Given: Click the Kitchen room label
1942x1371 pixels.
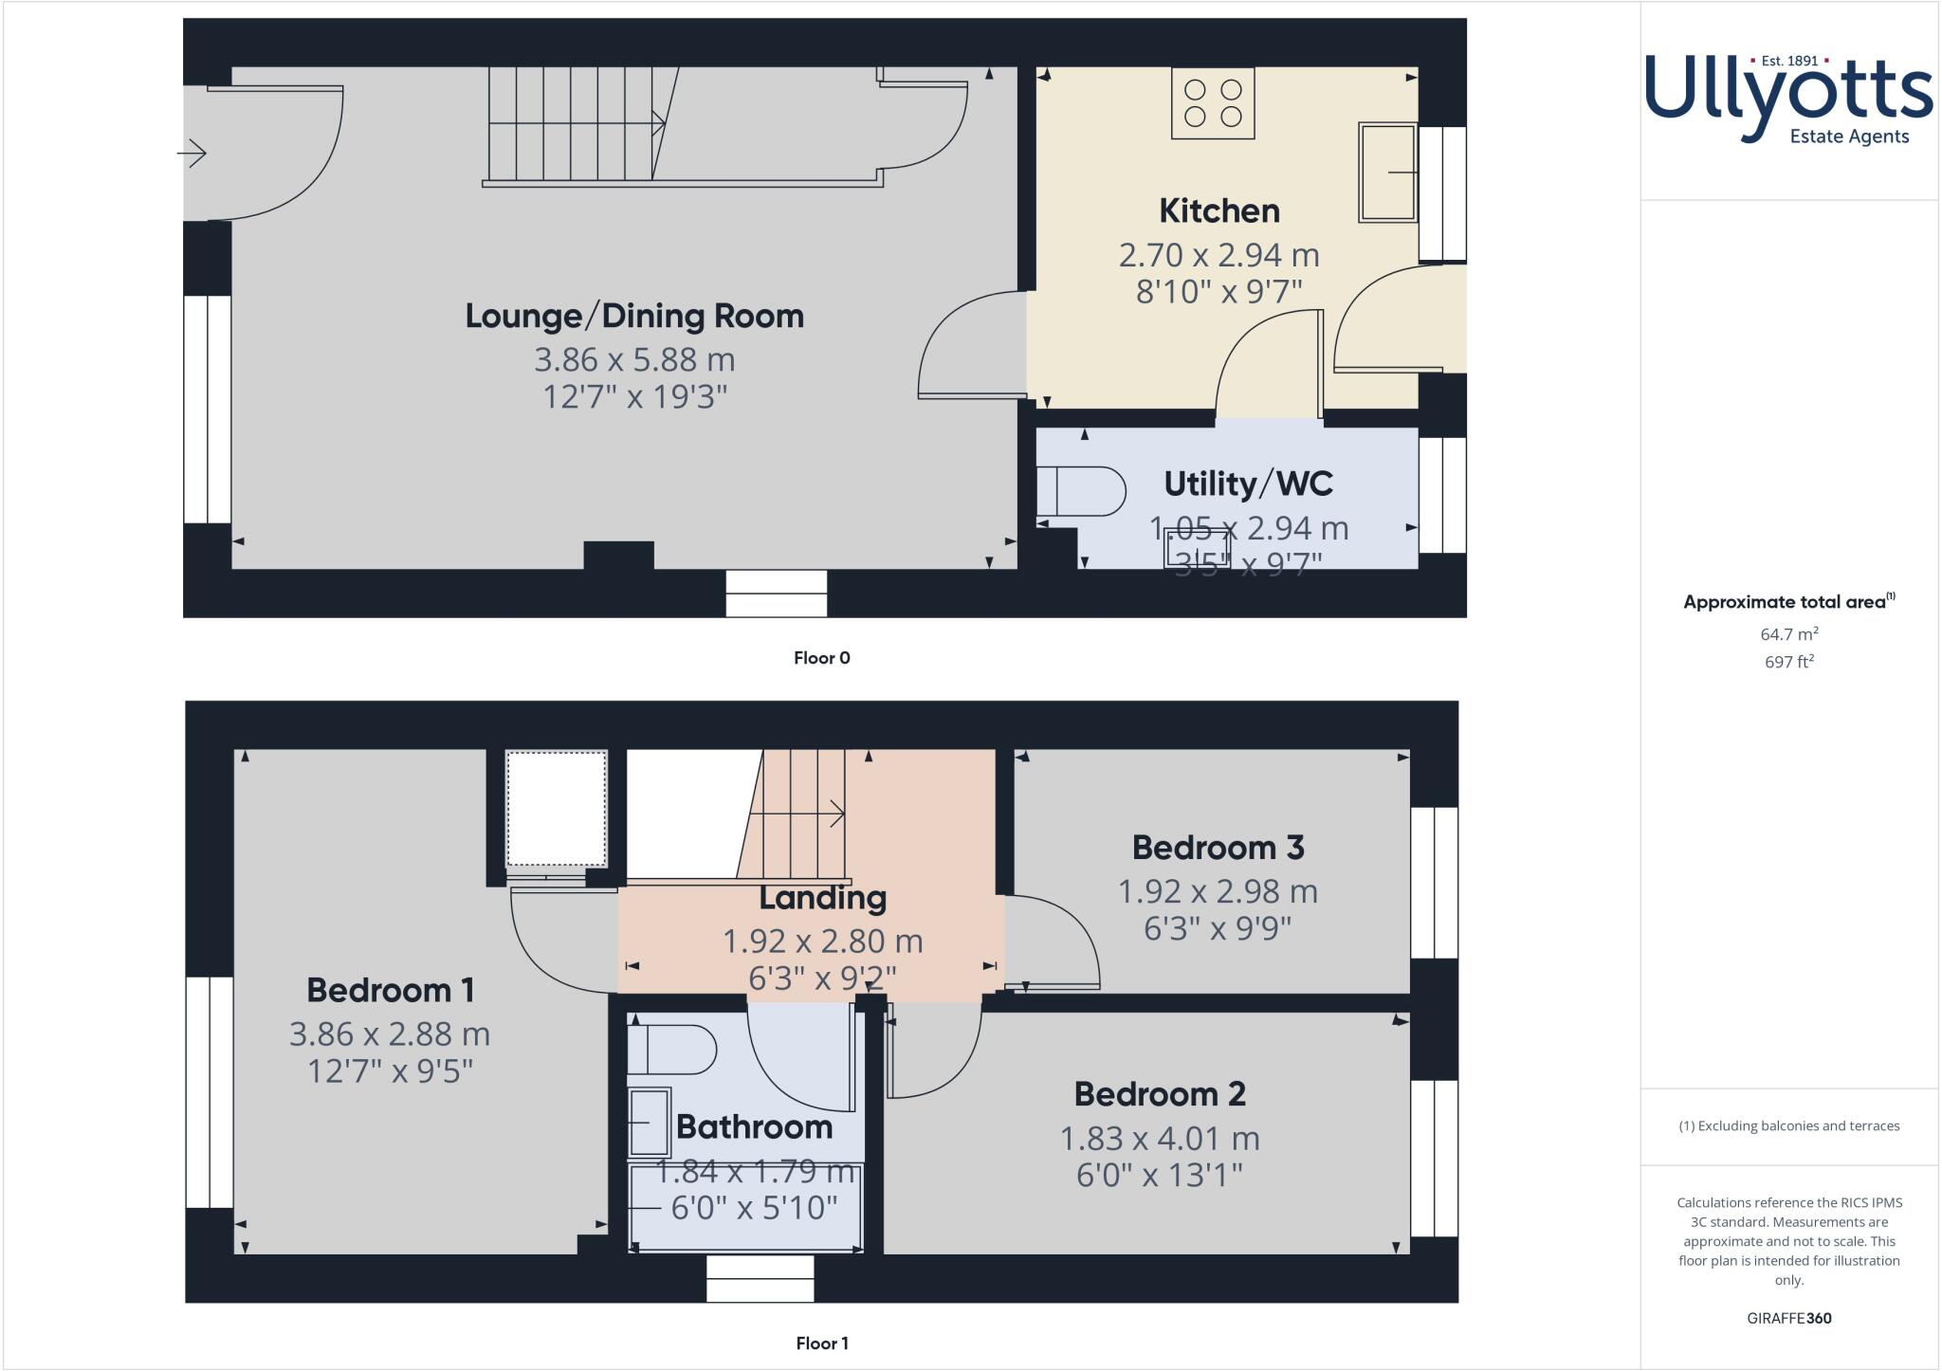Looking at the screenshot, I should [x=1218, y=210].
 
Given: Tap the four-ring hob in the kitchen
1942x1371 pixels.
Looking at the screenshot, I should [x=1213, y=103].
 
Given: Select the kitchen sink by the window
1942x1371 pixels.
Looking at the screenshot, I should [x=1387, y=172].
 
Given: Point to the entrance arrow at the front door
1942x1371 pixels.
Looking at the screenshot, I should [x=192, y=153].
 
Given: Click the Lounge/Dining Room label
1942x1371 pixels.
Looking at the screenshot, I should [x=634, y=316].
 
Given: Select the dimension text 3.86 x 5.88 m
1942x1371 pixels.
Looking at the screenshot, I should [x=634, y=360].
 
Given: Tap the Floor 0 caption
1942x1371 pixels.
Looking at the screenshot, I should [x=821, y=658].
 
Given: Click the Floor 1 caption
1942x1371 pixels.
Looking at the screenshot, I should [x=821, y=1344].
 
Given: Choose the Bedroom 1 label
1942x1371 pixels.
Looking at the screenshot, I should [x=390, y=991].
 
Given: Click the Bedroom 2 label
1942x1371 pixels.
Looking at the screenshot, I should [x=1159, y=1094].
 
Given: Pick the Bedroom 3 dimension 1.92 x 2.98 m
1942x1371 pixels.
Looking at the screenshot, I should [x=1218, y=892].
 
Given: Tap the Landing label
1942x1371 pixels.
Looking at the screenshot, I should [x=822, y=898].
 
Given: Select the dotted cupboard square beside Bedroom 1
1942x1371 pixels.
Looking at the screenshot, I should [x=556, y=809].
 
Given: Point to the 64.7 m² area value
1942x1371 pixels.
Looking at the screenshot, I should [x=1788, y=633].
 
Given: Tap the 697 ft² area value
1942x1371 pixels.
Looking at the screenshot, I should [x=1788, y=662].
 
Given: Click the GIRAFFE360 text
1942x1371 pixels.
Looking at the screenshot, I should [x=1788, y=1318].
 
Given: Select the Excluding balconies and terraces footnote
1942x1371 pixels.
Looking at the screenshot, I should [x=1788, y=1126].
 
